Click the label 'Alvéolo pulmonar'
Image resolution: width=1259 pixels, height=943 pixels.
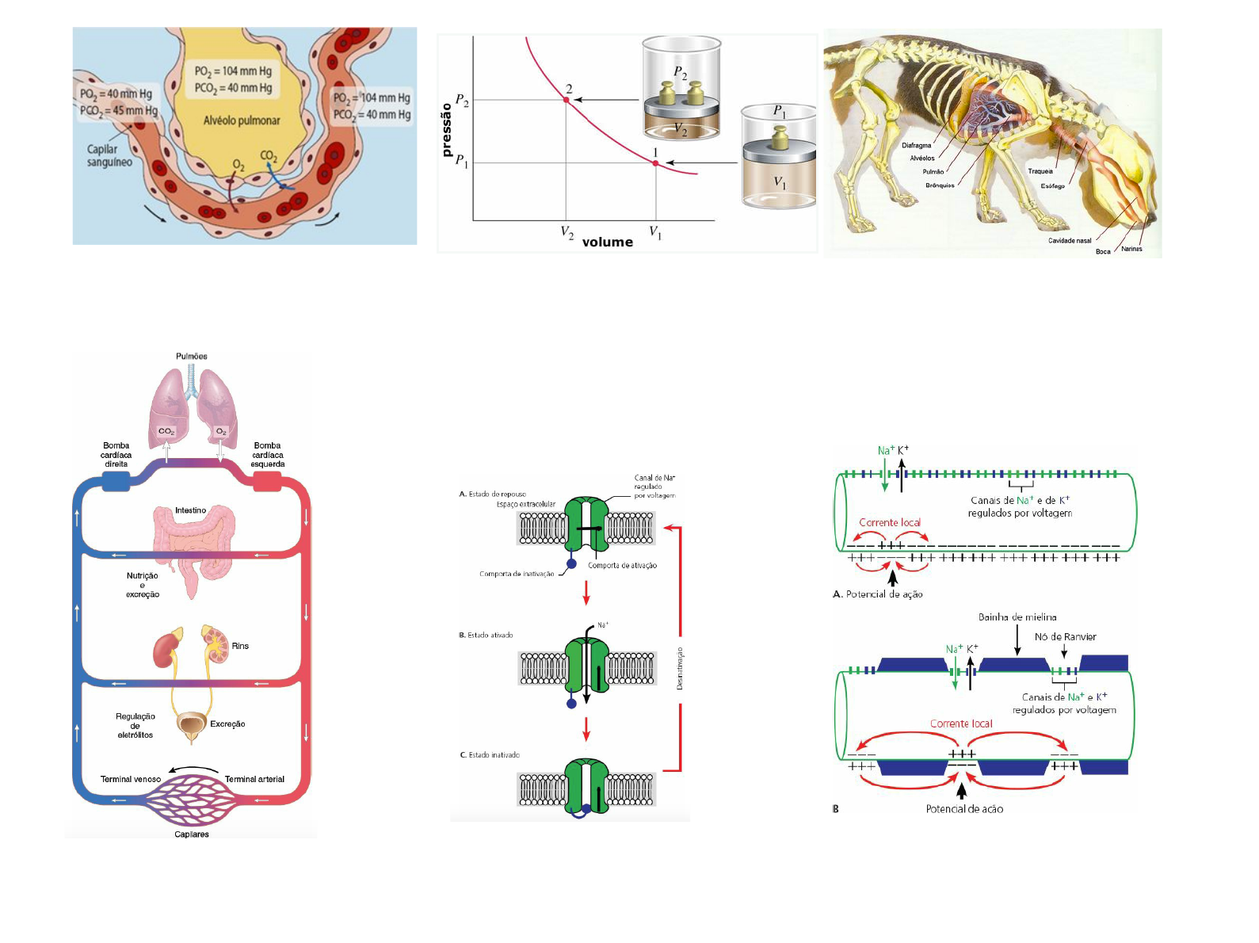tap(242, 120)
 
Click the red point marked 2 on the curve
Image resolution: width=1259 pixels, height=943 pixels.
tap(567, 100)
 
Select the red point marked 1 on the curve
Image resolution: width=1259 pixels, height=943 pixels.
tap(655, 163)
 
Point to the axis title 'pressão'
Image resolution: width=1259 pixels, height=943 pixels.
tap(447, 129)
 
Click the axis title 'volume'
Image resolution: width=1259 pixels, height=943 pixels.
tap(608, 242)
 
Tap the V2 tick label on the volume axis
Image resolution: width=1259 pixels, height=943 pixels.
tap(567, 232)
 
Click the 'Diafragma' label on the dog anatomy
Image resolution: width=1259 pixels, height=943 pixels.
tap(917, 146)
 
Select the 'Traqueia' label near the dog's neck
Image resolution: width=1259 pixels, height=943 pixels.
tap(1040, 171)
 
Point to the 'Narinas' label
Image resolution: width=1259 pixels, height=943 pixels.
tap(1131, 249)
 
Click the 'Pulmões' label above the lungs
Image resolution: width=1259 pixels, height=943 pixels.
tap(192, 357)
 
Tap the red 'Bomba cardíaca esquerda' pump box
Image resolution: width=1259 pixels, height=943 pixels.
tap(267, 481)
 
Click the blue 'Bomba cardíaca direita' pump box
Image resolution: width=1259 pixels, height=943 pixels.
tap(116, 481)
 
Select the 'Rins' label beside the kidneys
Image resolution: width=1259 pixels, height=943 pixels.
tap(240, 646)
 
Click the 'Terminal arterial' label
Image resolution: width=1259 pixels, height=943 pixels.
tap(254, 779)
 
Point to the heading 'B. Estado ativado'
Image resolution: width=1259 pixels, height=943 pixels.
tap(486, 635)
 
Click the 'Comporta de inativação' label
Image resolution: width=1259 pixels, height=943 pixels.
tap(517, 574)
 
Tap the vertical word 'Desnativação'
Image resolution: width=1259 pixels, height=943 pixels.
tap(680, 668)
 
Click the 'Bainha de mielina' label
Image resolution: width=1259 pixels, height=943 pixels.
tap(1017, 617)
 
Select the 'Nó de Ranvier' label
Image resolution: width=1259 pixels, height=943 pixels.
tap(1066, 637)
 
